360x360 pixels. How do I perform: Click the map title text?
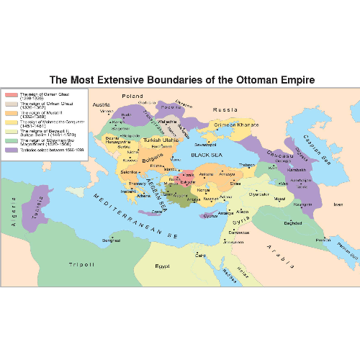tap(180, 80)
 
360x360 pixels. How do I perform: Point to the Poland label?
tap(132, 96)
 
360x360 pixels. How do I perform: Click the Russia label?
tap(225, 110)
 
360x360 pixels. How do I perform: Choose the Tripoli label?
tap(81, 265)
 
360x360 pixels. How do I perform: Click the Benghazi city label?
tap(111, 240)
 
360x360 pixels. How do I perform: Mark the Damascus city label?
tap(239, 232)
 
